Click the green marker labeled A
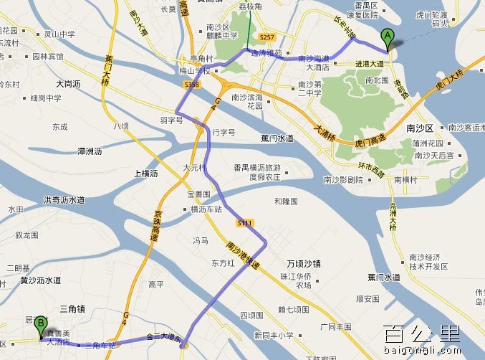coord(388,39)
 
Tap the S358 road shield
coord(191,85)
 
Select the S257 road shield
coord(266,36)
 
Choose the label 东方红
coord(223,263)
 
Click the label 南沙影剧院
coord(343,180)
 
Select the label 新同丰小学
coord(274,335)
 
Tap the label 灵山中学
coord(59,34)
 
